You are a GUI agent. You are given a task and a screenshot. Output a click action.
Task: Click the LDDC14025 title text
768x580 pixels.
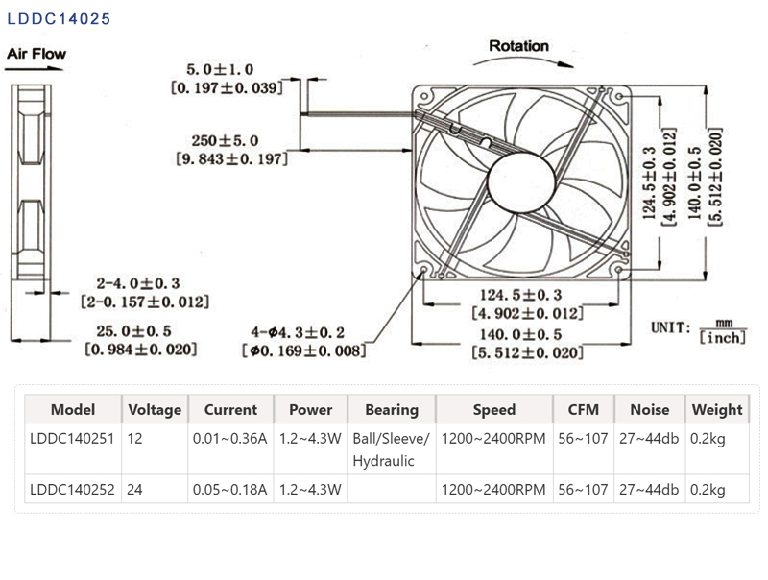coord(59,18)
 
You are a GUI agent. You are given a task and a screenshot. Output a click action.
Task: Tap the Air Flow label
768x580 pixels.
coord(36,54)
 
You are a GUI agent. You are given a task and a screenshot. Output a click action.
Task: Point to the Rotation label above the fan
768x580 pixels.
coord(518,45)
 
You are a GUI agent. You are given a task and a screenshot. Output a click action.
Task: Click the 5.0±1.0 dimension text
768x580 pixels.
coord(220,70)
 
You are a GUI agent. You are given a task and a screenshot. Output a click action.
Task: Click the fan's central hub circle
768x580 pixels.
coord(522,178)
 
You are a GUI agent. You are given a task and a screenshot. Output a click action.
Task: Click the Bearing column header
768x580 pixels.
coord(392,409)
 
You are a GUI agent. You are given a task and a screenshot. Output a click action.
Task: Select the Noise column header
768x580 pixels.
coord(649,409)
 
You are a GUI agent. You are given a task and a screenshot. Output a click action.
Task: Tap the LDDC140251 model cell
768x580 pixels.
coord(72,437)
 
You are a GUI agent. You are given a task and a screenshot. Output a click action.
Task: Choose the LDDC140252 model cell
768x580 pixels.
coord(72,490)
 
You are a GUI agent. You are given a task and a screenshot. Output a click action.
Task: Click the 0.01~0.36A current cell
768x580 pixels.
coord(230,437)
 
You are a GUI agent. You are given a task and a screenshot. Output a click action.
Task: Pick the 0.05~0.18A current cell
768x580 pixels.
coord(230,490)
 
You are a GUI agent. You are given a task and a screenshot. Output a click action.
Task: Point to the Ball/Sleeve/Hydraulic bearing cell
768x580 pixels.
coord(392,448)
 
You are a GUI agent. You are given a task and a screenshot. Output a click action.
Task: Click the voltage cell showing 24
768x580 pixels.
coord(135,490)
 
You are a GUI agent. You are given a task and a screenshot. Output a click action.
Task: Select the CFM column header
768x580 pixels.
coord(583,409)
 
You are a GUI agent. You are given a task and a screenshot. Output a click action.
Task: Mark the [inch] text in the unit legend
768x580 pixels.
coord(722,338)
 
